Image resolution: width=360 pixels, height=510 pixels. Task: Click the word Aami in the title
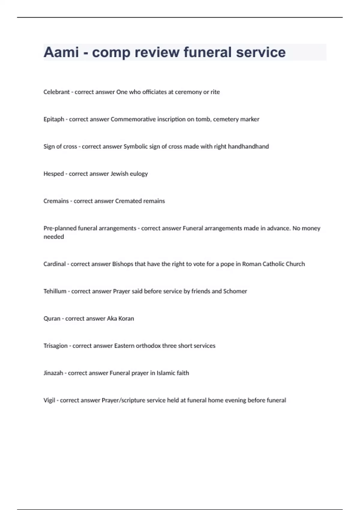point(61,52)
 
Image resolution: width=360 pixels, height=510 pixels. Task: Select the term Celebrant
point(56,92)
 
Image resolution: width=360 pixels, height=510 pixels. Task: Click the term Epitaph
point(54,119)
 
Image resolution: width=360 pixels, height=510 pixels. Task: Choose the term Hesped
point(54,174)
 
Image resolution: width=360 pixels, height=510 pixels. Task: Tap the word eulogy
point(139,174)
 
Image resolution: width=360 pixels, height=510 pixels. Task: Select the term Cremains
point(56,201)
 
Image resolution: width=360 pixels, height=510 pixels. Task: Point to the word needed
point(54,237)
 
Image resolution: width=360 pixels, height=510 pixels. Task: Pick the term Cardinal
point(54,264)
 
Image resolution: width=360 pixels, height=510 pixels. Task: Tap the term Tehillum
point(55,291)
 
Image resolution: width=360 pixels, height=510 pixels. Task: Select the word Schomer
point(235,291)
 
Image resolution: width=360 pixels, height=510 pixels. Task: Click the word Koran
point(126,319)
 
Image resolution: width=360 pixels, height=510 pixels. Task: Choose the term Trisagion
point(55,346)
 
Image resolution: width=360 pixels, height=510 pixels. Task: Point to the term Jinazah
point(53,373)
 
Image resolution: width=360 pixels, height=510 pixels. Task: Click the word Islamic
point(166,373)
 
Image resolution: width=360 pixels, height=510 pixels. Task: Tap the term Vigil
point(49,400)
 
